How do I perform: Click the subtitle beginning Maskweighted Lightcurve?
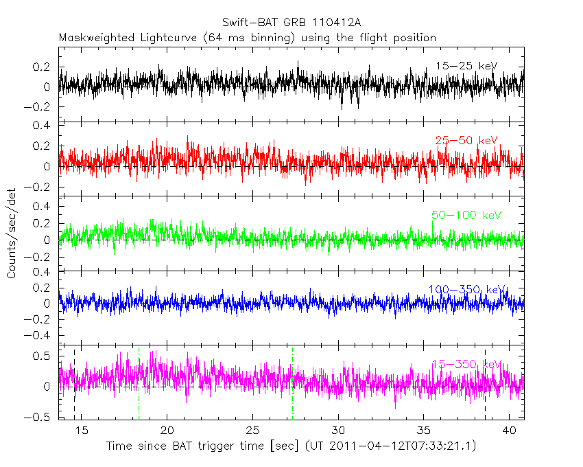coord(248,38)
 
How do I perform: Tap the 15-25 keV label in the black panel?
coord(466,66)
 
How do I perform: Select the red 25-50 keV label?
coord(466,141)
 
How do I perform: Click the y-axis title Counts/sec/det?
coord(12,233)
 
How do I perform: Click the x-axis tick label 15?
coord(82,430)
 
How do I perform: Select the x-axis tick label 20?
coord(167,430)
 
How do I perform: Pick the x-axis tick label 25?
coord(253,430)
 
